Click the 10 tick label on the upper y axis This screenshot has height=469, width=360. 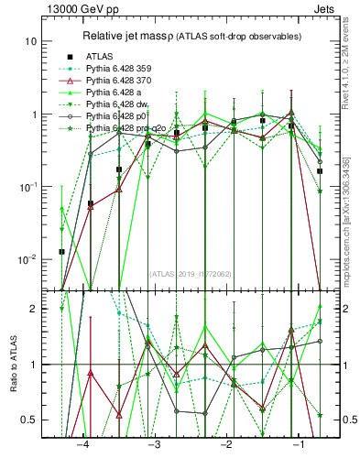[31, 42]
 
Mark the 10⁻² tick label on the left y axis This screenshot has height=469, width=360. [27, 259]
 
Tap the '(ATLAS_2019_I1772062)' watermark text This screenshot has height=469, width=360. [191, 273]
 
